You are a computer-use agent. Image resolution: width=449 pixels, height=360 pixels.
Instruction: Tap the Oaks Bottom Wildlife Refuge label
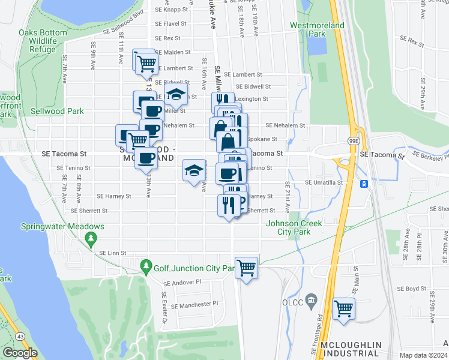click(x=46, y=41)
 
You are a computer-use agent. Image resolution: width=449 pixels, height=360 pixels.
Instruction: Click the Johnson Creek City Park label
click(x=294, y=227)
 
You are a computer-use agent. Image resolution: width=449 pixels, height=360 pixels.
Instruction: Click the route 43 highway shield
click(x=21, y=337)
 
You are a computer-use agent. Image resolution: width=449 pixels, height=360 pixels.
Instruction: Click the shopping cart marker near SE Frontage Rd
click(x=343, y=308)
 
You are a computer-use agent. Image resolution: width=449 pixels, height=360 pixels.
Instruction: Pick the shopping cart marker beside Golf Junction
click(x=246, y=267)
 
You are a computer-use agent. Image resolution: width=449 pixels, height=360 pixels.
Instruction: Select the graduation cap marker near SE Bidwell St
click(x=176, y=94)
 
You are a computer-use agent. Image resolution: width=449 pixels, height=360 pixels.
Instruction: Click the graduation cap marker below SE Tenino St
click(x=194, y=172)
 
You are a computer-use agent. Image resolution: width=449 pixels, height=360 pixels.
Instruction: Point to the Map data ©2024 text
click(x=423, y=355)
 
